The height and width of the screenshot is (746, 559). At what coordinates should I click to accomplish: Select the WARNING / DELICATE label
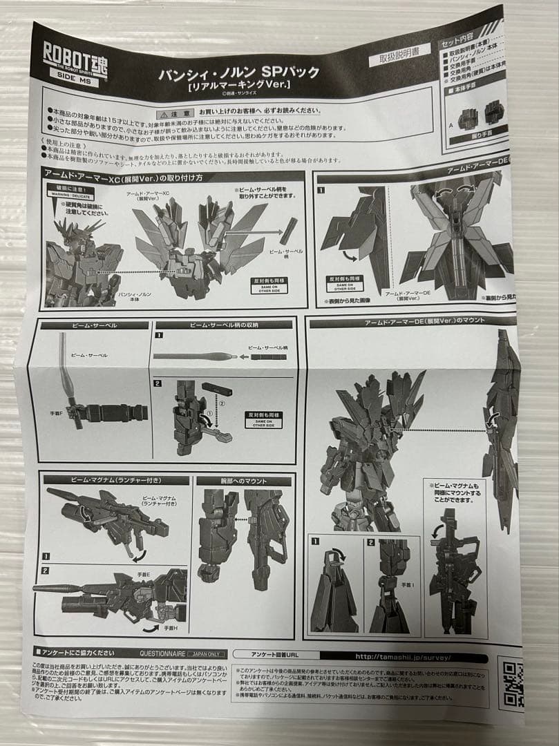tap(70, 193)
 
